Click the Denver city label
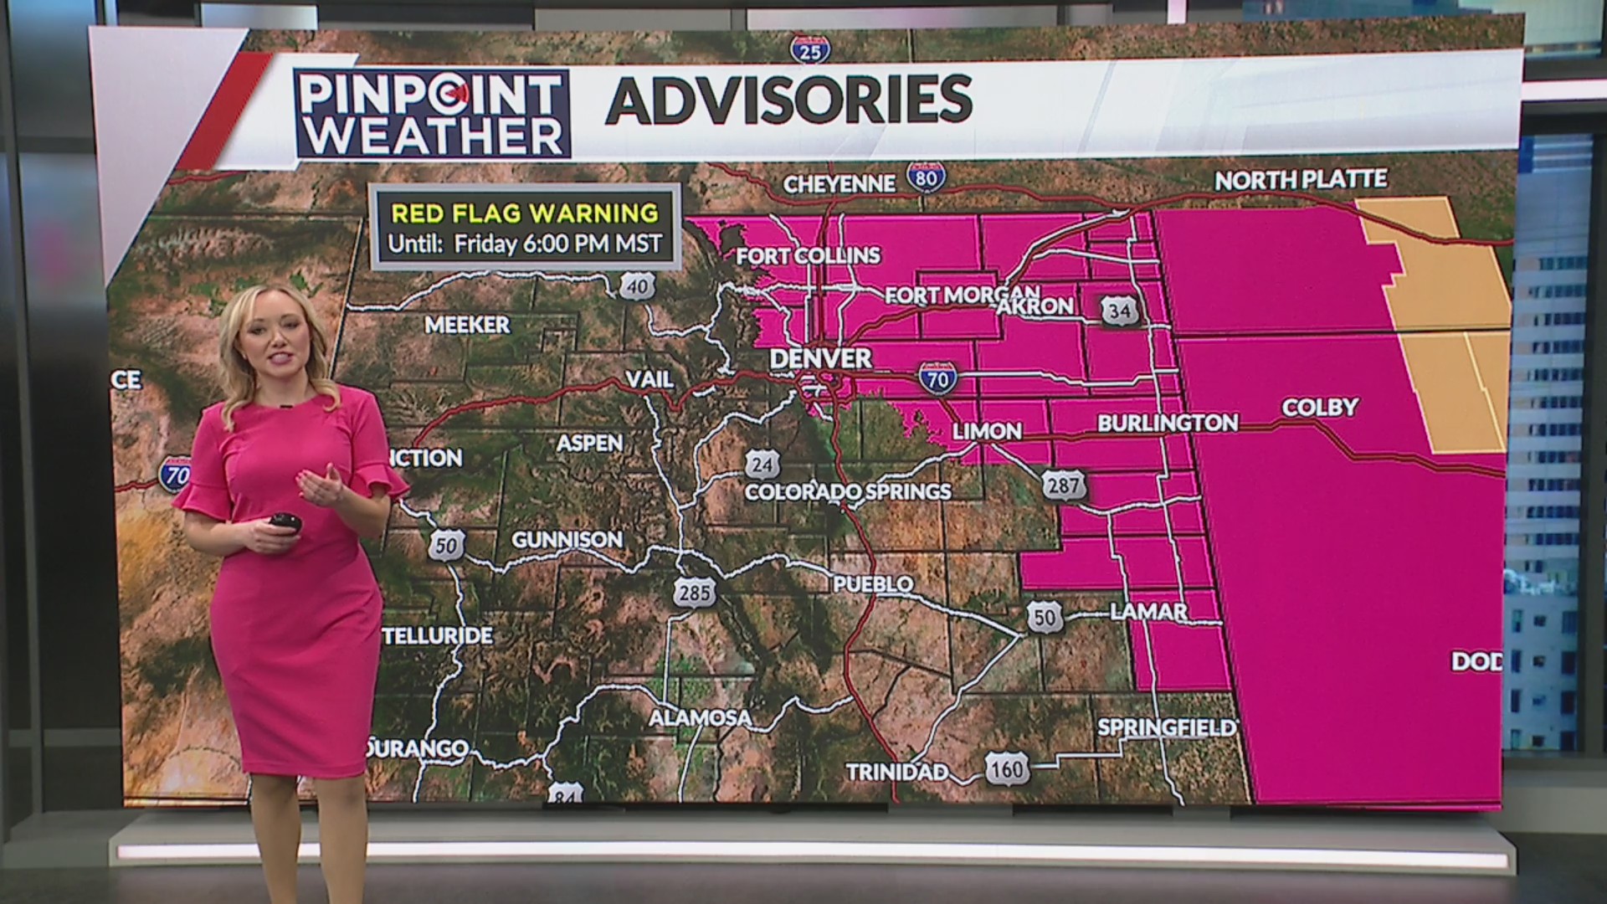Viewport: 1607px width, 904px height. pos(820,358)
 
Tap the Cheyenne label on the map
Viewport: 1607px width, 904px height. pos(839,183)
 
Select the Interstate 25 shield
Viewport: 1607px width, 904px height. pos(810,49)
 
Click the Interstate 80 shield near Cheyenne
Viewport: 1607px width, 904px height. pos(927,177)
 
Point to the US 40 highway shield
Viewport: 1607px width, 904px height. pos(636,286)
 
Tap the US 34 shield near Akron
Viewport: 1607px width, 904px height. pos(1119,311)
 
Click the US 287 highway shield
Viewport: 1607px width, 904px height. pos(1063,485)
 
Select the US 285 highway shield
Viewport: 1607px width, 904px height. pos(695,593)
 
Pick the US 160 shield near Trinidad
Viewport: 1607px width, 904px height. pos(1006,769)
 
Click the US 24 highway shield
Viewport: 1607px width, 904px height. pos(762,464)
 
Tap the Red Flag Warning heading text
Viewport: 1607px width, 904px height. pos(525,213)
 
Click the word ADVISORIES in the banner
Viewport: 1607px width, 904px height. pos(788,100)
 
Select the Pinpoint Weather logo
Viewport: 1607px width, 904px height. pos(432,114)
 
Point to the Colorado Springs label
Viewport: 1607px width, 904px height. pos(847,491)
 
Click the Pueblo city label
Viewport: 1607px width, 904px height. pos(873,583)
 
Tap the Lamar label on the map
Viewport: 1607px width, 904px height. pos(1148,612)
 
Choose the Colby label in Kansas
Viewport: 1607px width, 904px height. pos(1320,408)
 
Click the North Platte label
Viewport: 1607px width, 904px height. pos(1301,180)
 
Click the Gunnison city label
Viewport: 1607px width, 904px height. pos(567,540)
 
